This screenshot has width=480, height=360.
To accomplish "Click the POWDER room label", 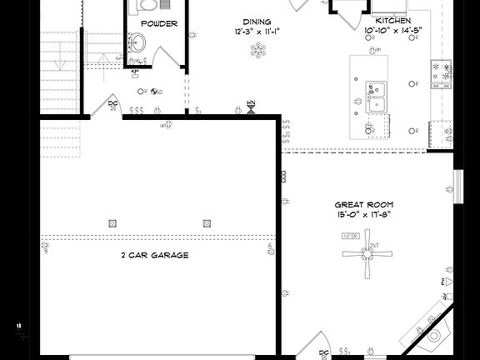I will click(x=158, y=23).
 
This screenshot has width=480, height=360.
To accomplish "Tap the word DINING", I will click(x=257, y=22).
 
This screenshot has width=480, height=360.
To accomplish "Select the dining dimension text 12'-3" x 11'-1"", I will click(x=257, y=32).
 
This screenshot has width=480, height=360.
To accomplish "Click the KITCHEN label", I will click(x=392, y=20).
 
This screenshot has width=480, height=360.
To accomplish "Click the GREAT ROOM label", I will click(x=364, y=204).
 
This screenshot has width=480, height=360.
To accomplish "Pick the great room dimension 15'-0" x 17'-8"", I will click(x=364, y=214).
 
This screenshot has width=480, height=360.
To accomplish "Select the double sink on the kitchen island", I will click(x=377, y=96).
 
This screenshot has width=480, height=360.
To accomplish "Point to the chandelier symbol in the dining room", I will click(x=257, y=52).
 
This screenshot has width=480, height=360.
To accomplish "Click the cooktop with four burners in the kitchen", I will click(x=439, y=73).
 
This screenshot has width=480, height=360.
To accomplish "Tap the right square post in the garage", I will click(x=207, y=222).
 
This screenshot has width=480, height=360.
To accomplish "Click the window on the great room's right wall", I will click(x=457, y=186).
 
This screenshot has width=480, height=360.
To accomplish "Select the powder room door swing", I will click(x=172, y=58).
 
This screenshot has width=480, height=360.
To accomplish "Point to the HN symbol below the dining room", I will click(x=251, y=107).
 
